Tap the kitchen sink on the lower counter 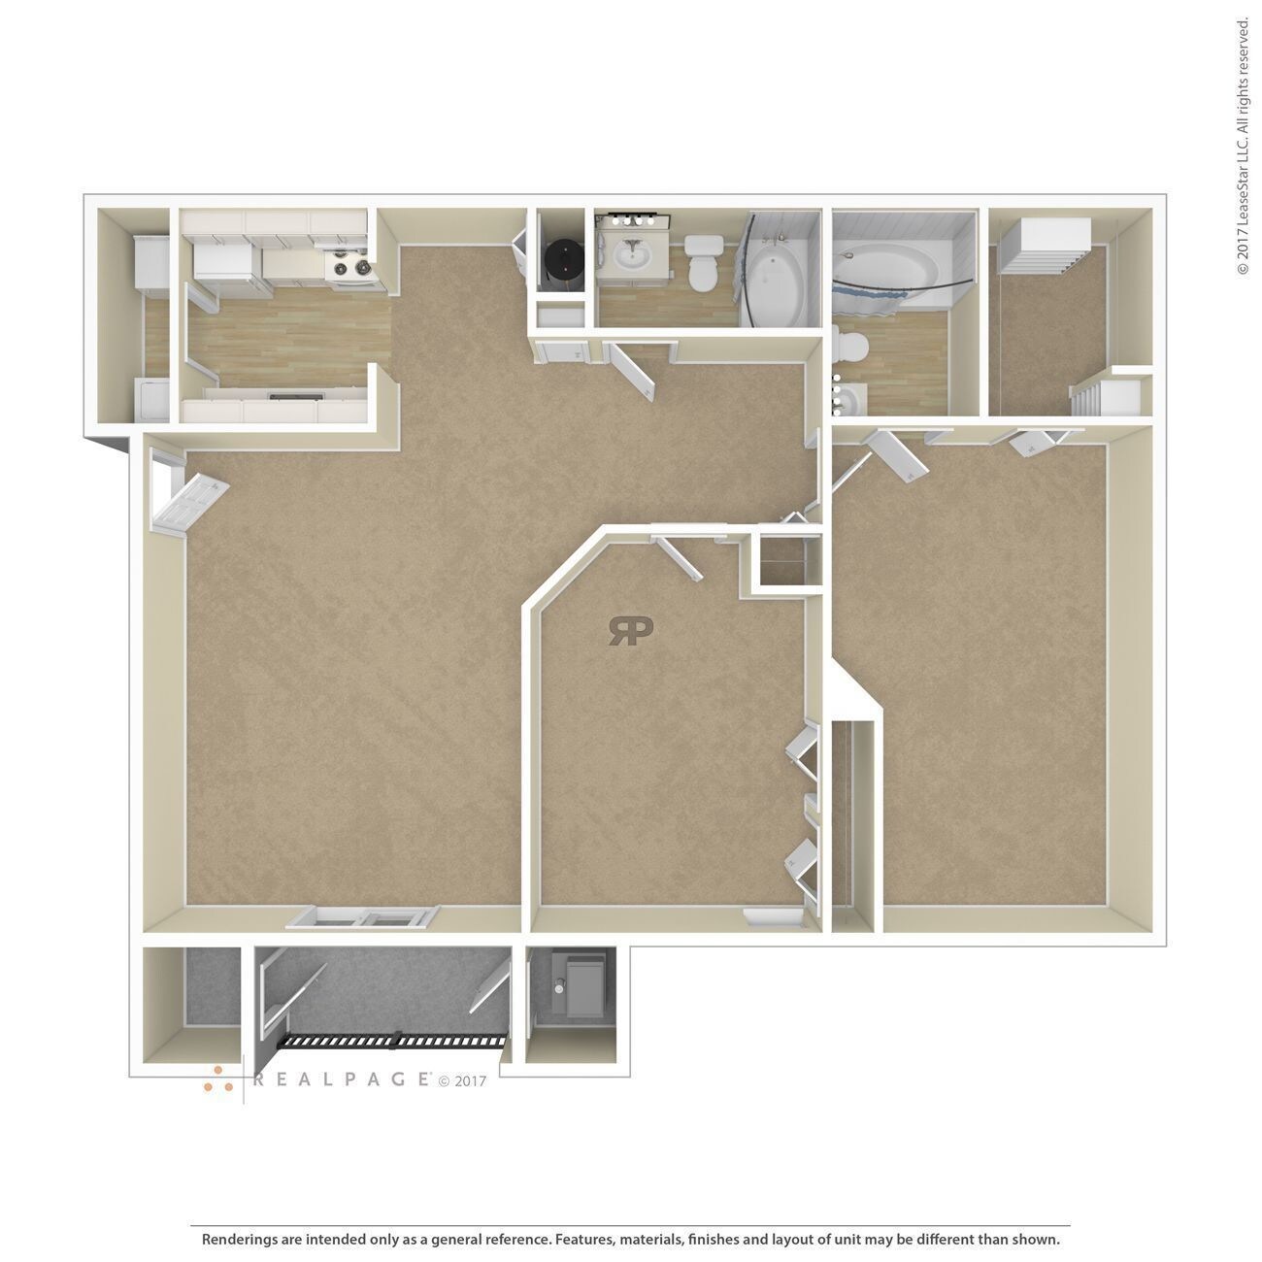click(296, 396)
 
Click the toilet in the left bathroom click(701, 259)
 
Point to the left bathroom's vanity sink click(633, 256)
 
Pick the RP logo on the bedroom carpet click(631, 630)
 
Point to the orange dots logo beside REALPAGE click(217, 1079)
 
